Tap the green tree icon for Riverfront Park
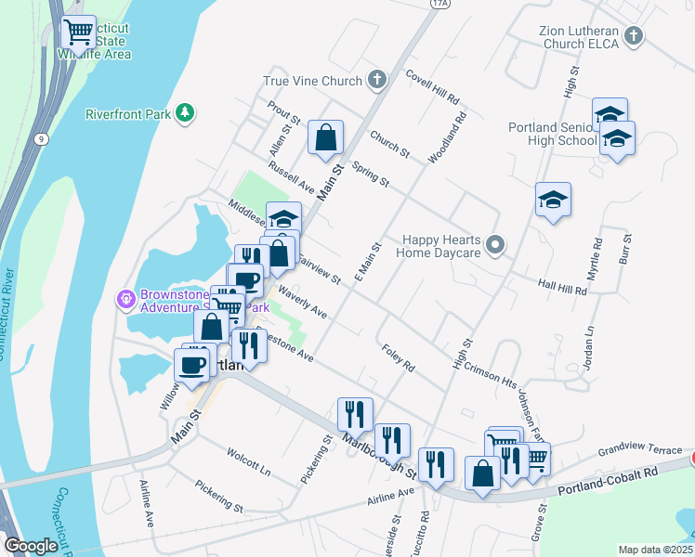tap(186, 113)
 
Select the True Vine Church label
tap(312, 81)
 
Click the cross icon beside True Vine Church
tap(378, 81)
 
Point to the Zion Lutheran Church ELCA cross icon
tap(633, 36)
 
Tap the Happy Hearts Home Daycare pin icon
tap(496, 245)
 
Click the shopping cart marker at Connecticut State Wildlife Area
tap(78, 32)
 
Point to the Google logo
tap(31, 546)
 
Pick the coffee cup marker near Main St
tap(193, 364)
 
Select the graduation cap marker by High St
tap(553, 199)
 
